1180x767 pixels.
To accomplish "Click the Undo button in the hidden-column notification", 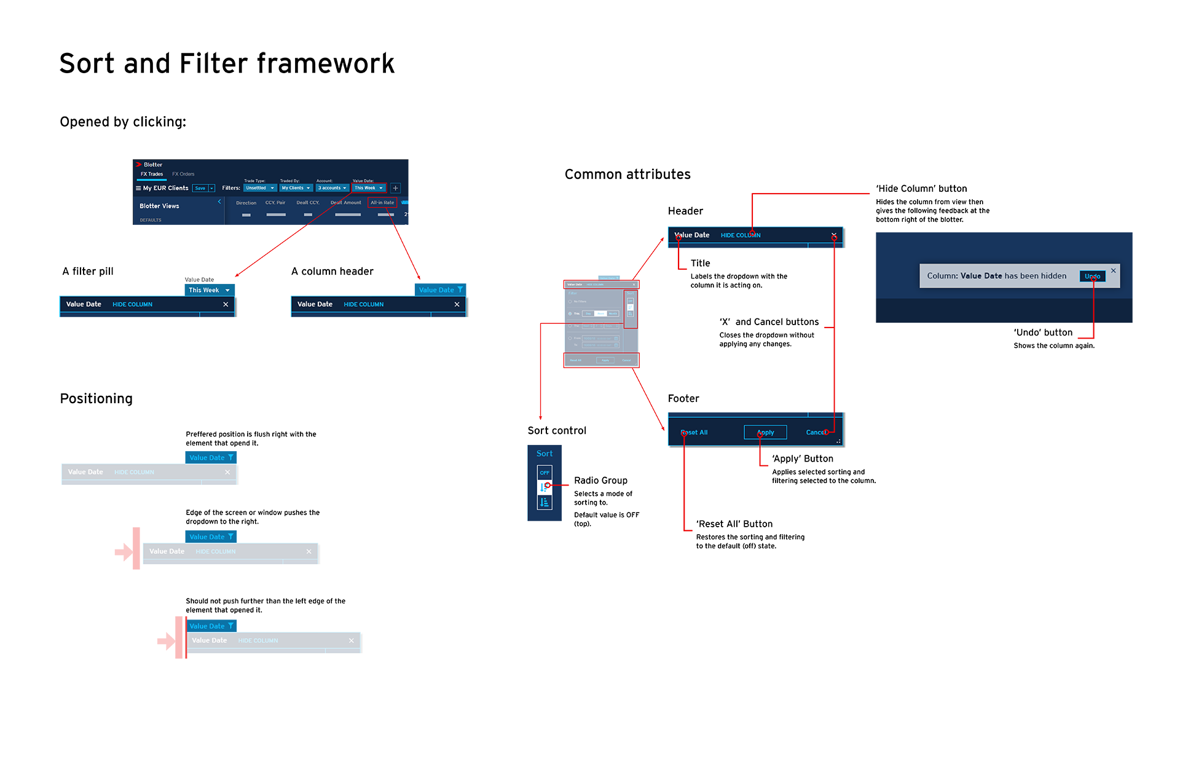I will point(1092,277).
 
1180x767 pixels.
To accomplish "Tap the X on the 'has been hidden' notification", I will point(1113,270).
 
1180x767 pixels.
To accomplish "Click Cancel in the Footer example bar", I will point(816,433).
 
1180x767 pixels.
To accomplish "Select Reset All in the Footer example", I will point(695,433).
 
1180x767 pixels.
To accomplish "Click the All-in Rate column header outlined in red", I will point(382,202).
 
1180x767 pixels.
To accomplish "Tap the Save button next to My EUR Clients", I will point(200,188).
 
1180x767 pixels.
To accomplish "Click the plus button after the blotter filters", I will point(396,188).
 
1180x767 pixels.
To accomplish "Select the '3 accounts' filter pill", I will point(332,188).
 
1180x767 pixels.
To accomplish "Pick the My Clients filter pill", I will point(296,188).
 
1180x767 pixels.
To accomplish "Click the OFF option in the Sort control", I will point(545,473).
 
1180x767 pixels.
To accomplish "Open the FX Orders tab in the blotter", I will point(183,174).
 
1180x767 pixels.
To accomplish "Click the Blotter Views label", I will point(159,206).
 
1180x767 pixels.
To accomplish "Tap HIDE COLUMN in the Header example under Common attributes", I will point(740,235).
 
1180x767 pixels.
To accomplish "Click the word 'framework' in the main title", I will point(326,64).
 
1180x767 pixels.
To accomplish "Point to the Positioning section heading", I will point(96,399).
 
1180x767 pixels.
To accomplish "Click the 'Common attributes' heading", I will point(627,175).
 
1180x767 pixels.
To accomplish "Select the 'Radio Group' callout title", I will point(600,481).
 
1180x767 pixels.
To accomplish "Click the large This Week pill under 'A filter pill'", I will point(209,290).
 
